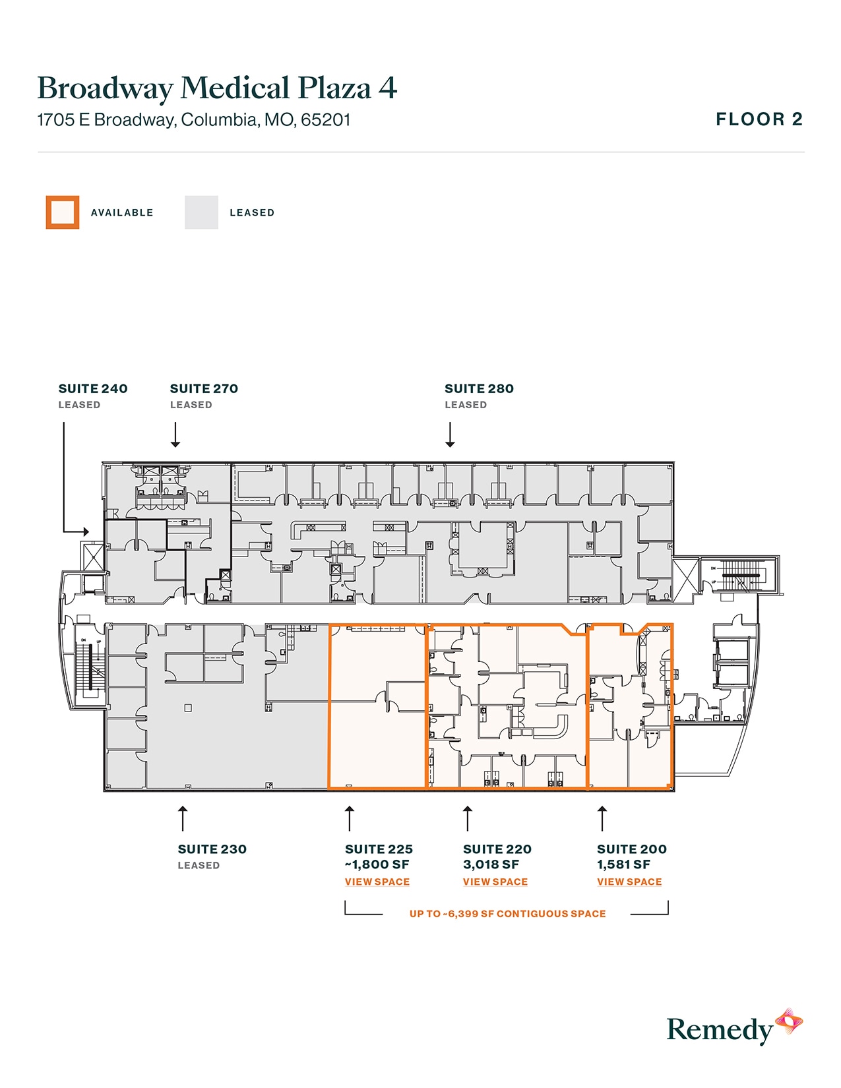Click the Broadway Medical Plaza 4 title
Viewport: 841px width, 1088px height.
217,88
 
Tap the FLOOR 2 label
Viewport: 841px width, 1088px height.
759,119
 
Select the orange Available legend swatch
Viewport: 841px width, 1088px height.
63,212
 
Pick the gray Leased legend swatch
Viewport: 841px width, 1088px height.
201,212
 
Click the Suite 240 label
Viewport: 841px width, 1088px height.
93,388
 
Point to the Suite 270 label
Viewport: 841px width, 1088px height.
204,388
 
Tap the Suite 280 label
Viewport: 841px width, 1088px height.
479,388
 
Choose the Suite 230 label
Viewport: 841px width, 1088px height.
212,849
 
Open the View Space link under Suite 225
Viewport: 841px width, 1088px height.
377,882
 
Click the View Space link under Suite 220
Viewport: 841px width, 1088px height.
495,882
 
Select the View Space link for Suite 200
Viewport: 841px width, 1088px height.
629,882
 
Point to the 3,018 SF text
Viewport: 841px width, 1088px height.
491,864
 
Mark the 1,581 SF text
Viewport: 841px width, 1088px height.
623,864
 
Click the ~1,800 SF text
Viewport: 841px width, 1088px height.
377,864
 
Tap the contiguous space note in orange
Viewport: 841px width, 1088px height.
507,914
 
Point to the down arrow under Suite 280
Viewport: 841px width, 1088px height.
450,435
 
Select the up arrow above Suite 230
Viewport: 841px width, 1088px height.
183,818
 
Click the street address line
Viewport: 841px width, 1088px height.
194,120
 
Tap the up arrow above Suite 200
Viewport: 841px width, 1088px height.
602,818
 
